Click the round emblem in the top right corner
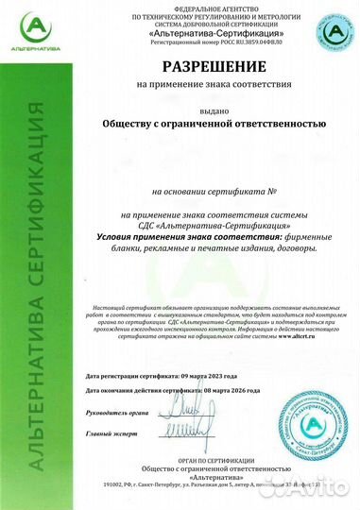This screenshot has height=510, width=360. (333, 32)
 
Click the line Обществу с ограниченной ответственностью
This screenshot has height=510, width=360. (214, 124)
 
